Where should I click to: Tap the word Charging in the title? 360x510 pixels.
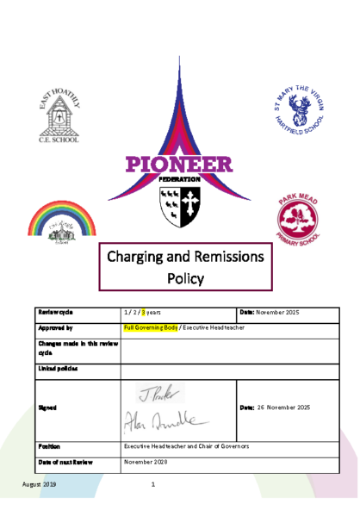(x=143, y=256)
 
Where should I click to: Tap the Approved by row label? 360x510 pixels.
(x=56, y=328)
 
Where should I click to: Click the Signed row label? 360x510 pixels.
(x=48, y=407)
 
